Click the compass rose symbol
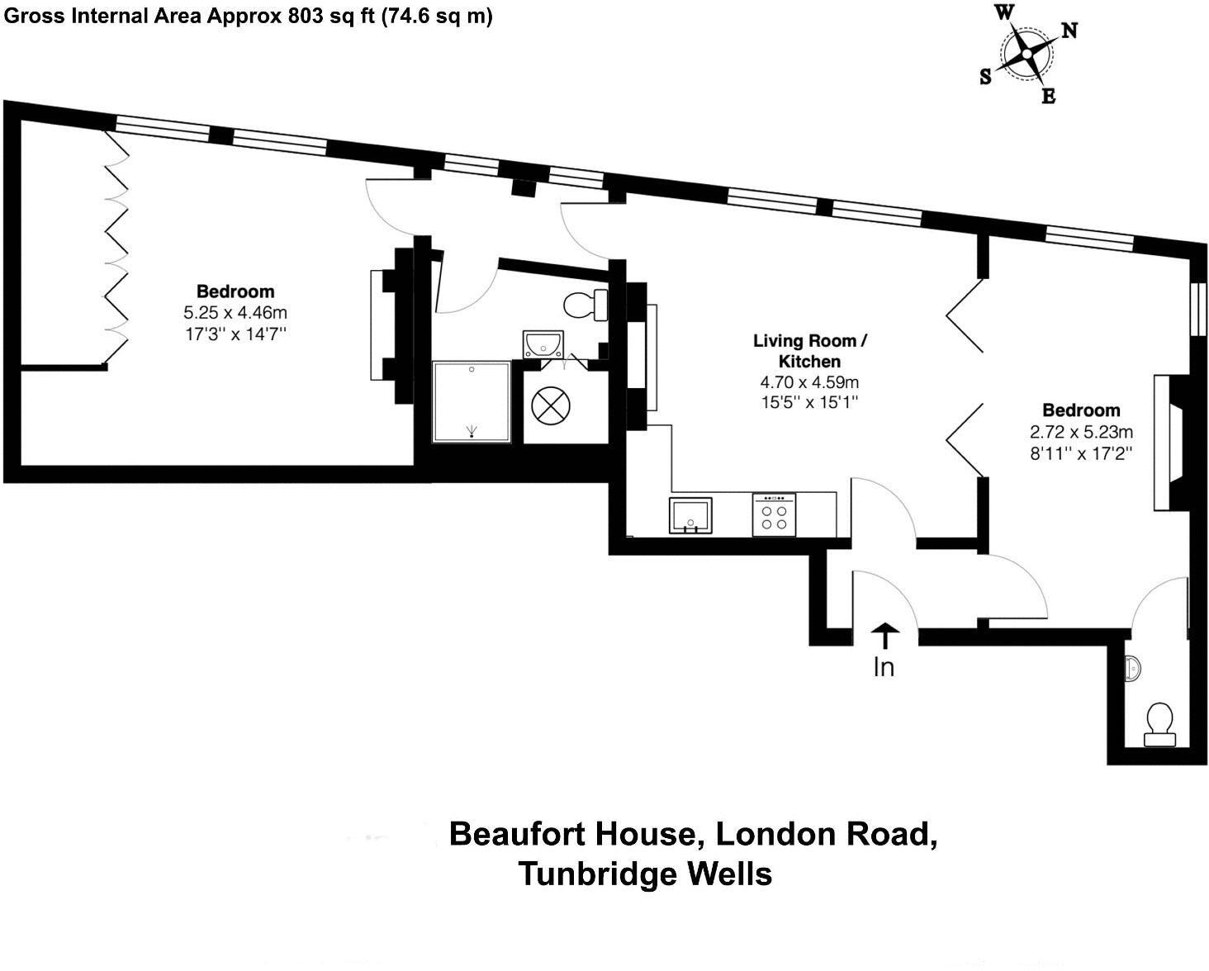1026,55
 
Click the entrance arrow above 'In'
884,636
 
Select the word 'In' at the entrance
884,666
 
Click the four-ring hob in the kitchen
774,515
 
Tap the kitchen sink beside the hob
690,516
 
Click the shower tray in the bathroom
472,401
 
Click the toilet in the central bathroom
586,305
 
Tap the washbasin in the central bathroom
543,343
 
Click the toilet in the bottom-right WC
1159,724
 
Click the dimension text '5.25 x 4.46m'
235,313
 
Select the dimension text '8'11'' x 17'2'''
1080,453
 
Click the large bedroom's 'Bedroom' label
235,291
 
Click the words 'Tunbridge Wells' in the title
645,874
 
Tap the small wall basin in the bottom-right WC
1134,668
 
